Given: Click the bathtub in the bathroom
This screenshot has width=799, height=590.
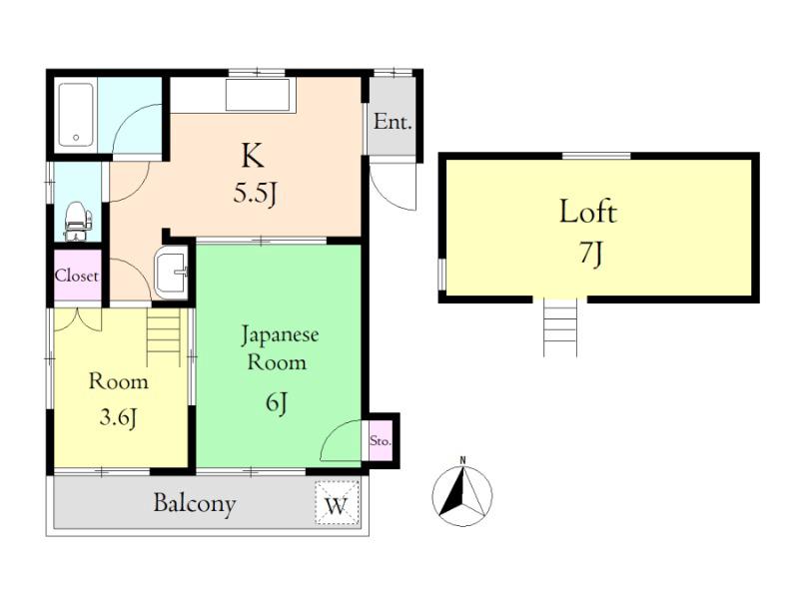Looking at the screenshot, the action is click(76, 115).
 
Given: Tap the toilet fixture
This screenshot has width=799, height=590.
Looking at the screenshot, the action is click(78, 221).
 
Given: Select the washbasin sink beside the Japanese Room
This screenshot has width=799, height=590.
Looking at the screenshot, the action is click(171, 276).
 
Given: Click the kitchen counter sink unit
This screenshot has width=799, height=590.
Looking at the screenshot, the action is click(258, 95).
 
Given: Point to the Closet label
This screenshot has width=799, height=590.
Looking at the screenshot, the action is click(77, 276).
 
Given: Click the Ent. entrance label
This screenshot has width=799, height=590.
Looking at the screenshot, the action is click(393, 122).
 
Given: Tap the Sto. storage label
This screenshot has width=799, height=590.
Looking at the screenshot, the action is click(381, 440).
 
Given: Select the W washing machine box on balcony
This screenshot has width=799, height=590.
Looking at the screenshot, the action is click(337, 503).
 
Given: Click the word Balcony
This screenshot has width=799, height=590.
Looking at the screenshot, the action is click(195, 503).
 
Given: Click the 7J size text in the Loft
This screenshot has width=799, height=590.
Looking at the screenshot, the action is click(590, 254).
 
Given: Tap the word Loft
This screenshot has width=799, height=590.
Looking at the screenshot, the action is click(588, 212).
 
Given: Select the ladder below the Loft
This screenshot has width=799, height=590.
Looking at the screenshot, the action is click(560, 327).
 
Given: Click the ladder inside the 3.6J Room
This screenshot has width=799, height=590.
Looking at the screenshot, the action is click(164, 336).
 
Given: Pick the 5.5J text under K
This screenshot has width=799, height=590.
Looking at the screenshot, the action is click(255, 194).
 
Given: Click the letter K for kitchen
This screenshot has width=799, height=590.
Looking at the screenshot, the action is click(253, 156).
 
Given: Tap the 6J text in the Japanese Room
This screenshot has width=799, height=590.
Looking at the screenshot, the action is click(277, 403).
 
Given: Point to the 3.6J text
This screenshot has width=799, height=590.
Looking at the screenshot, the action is click(118, 418).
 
